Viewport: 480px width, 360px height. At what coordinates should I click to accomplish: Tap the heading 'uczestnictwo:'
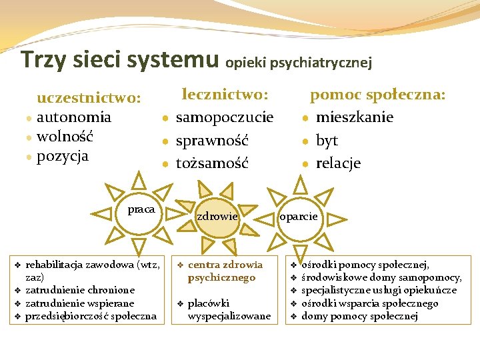click(89, 99)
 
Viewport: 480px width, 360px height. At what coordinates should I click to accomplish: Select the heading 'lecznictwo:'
click(225, 95)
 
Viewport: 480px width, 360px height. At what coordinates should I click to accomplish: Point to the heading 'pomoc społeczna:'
click(377, 95)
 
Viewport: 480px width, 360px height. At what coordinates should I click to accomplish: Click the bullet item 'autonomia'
click(73, 118)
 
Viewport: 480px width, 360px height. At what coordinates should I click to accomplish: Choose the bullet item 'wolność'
click(65, 137)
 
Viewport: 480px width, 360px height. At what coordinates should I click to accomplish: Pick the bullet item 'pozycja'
click(63, 157)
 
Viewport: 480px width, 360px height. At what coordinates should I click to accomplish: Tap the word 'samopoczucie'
click(225, 118)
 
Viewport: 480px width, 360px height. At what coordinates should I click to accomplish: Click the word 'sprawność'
click(212, 141)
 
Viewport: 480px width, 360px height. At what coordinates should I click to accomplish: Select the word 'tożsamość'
click(212, 163)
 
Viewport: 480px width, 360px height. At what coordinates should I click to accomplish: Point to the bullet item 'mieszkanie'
click(355, 118)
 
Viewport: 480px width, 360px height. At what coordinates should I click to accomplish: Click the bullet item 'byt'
click(327, 141)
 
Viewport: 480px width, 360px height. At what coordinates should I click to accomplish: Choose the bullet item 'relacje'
click(338, 163)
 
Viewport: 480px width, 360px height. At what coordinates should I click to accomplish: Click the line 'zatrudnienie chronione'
click(80, 290)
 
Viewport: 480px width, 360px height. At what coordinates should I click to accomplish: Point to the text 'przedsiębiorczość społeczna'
click(91, 316)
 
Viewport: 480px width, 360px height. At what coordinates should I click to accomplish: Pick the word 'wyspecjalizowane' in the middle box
click(229, 316)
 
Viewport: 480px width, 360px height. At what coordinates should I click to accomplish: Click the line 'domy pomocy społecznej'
click(359, 316)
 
